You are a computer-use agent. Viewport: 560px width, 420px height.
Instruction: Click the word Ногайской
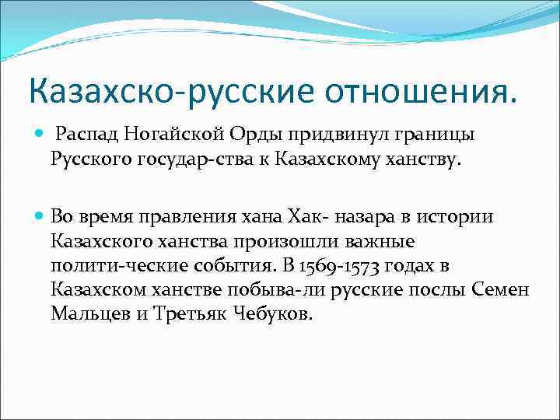[174, 136]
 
